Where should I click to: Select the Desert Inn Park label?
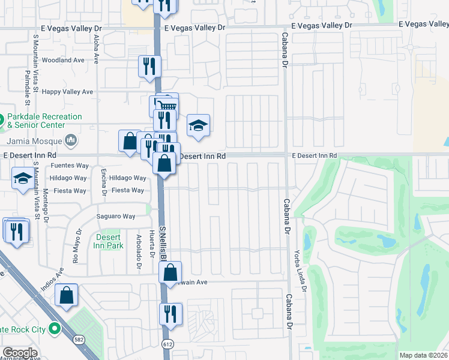pos(109,241)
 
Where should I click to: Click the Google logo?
pos(20,352)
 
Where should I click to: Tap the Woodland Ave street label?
pos(63,60)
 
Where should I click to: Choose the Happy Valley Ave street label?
pos(71,92)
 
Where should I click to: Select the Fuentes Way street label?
pos(70,166)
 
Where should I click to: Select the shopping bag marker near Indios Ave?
pos(66,295)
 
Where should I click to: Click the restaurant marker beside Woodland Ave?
pos(149,67)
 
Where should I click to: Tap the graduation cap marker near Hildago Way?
pos(23,179)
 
